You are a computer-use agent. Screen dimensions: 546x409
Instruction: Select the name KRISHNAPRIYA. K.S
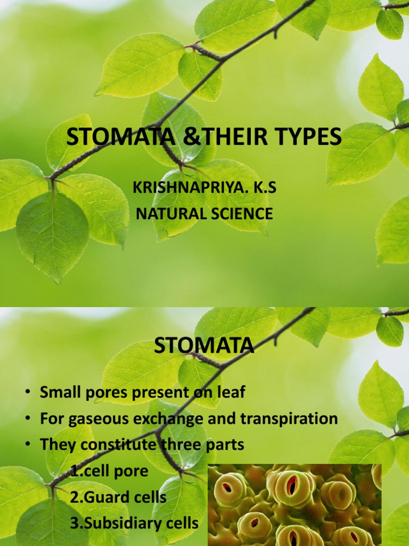pos(204,188)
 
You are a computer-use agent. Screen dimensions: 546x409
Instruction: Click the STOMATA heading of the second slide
pos(204,346)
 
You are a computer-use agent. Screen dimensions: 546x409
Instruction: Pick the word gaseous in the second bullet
pos(95,419)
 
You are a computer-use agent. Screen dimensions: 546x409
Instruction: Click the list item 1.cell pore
pos(109,471)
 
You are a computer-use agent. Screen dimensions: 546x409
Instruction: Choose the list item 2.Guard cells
pos(118,497)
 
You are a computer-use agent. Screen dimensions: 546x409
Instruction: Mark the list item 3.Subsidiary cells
pos(134,524)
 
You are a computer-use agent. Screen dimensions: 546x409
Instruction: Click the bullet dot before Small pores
pos(27,394)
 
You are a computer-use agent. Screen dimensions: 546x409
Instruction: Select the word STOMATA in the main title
pos(121,137)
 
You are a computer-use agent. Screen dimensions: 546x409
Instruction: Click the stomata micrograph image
pos(295,504)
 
